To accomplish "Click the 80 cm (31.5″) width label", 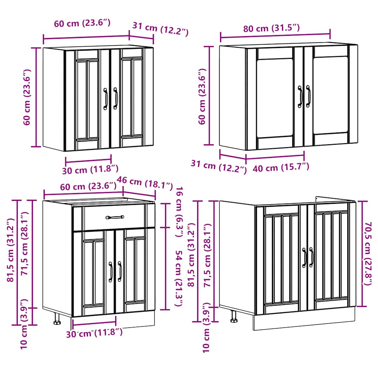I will tap(271, 28).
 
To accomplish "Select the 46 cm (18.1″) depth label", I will tap(145, 182).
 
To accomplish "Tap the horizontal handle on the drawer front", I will tap(115, 217).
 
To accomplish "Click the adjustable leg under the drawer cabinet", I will tap(57, 319).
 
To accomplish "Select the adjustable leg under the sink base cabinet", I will tap(234, 316).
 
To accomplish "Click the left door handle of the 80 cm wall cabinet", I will tap(300, 97).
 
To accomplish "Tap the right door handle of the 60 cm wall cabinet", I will tap(115, 98).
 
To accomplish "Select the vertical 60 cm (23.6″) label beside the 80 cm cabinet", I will tap(202, 97).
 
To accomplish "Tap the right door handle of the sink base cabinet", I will tap(311, 257).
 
